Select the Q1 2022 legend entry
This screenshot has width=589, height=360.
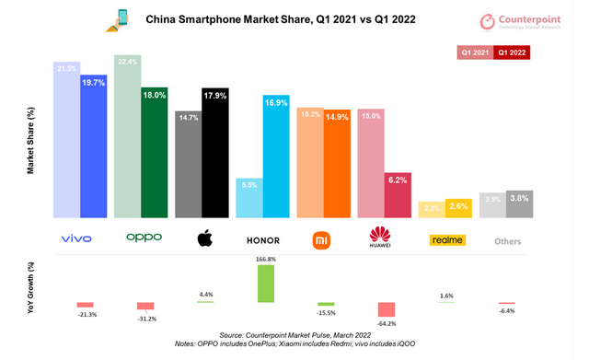512,52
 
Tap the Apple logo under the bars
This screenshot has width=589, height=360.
202,239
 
